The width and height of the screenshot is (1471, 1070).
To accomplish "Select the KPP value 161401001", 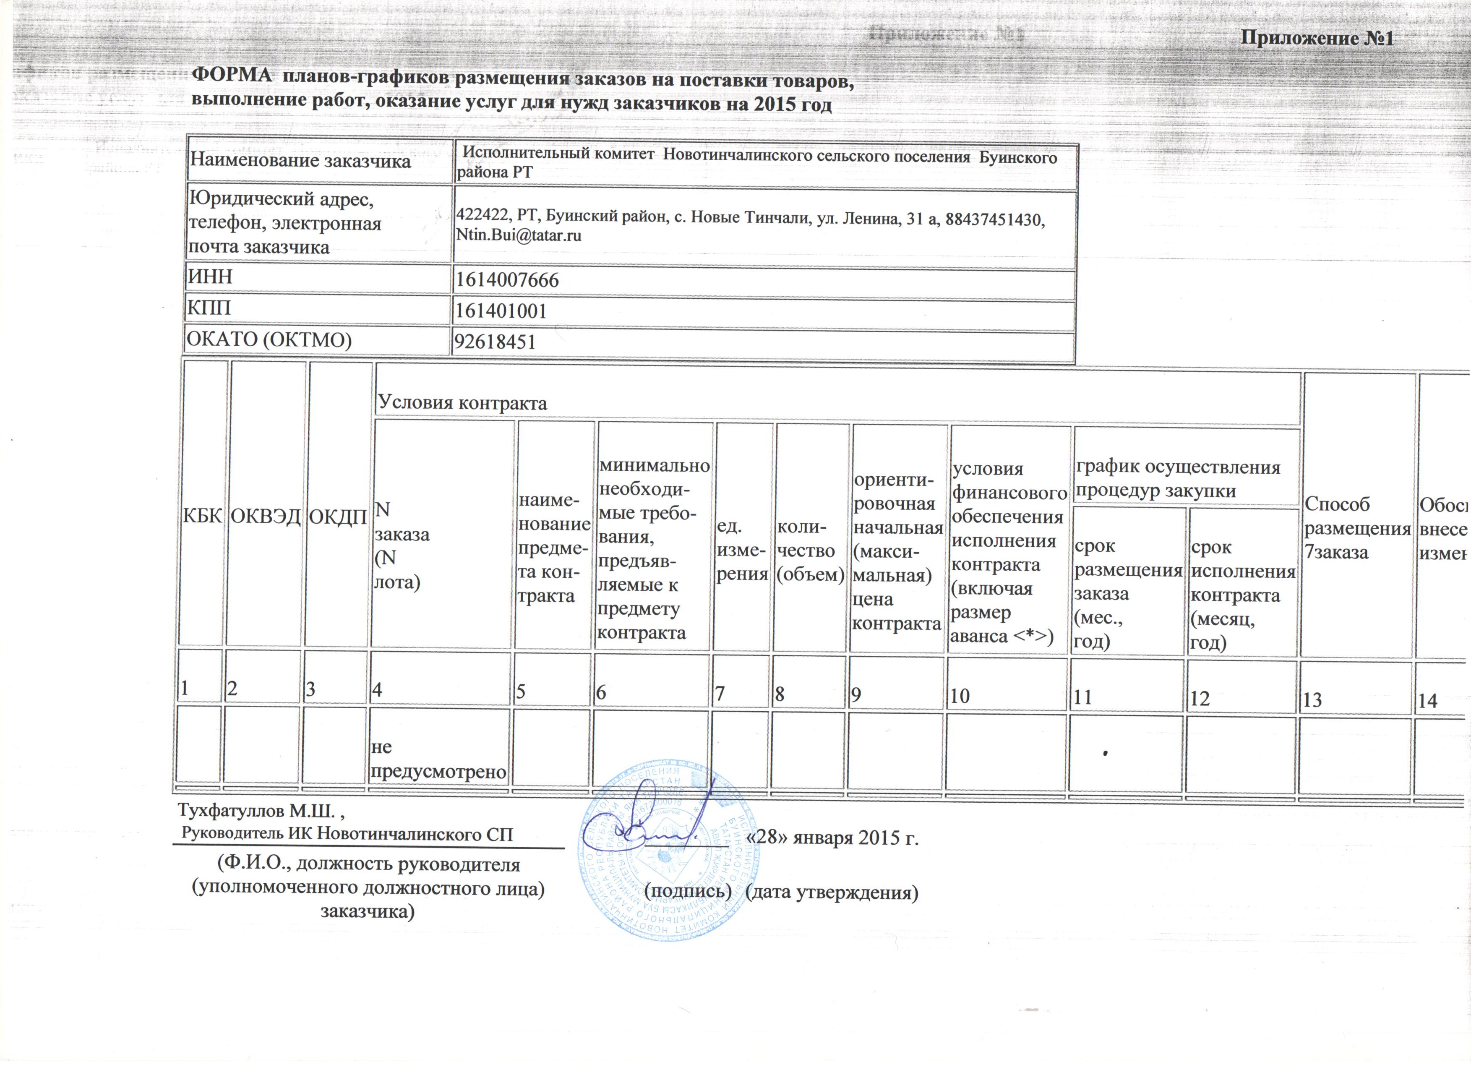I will (x=501, y=311).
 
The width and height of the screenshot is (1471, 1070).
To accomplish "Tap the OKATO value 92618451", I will (x=495, y=342).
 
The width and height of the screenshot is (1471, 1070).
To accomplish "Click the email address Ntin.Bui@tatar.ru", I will (x=519, y=235).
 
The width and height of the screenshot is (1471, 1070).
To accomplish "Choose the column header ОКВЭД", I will (x=266, y=517).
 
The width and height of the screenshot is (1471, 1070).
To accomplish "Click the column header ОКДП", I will (x=338, y=517).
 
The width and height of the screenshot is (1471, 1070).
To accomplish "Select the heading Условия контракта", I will (x=462, y=403).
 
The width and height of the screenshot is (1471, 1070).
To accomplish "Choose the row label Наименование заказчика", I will (x=299, y=161).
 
